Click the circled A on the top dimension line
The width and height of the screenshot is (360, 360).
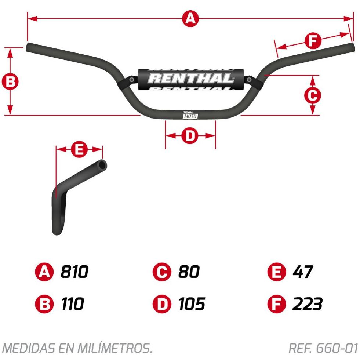tap(190, 19)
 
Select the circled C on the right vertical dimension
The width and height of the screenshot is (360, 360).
tap(312, 95)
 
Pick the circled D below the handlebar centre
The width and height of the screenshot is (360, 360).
tap(190, 136)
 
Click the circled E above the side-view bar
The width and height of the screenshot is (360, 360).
tap(79, 150)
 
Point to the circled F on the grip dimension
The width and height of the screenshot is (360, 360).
tap(313, 41)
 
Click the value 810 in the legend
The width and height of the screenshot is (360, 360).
tap(74, 272)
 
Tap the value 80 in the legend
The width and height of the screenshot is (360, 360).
tap(189, 272)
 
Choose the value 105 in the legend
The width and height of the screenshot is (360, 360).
tap(192, 304)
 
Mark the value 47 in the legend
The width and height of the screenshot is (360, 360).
tap(303, 272)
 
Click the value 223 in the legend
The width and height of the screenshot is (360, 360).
tap(308, 304)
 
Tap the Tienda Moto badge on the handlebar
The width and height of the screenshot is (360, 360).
tap(190, 115)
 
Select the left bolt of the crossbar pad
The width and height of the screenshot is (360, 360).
tap(131, 80)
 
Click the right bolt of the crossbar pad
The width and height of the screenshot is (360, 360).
tap(249, 80)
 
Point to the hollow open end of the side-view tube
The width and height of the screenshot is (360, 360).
tap(102, 165)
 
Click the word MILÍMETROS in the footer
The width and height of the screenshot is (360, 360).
tap(115, 348)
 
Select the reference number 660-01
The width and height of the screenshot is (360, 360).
tap(337, 348)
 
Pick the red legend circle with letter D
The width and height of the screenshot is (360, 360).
tap(162, 304)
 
